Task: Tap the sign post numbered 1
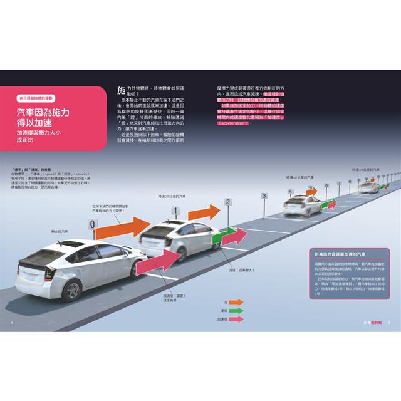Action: point(177,211)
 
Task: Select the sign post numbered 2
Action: point(228,202)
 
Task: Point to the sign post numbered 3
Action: point(264,196)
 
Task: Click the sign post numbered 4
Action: point(290,191)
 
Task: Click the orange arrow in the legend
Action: point(236,301)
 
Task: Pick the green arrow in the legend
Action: point(236,310)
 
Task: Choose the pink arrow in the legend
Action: point(236,319)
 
